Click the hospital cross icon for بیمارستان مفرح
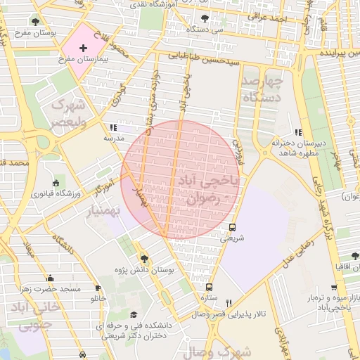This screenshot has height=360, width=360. click(84, 48)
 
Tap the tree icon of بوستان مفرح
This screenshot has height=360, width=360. click(35, 22)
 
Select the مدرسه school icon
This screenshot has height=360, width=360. click(112, 128)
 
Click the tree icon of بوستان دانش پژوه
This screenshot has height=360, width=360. click(144, 259)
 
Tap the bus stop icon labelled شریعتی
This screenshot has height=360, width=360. click(232, 227)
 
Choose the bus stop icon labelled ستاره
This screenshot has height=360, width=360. click(209, 287)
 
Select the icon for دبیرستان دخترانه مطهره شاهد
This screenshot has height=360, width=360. click(298, 131)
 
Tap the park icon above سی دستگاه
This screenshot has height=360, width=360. click(205, 19)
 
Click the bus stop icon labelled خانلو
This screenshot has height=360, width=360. click(98, 288)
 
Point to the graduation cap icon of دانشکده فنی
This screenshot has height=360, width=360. click(134, 315)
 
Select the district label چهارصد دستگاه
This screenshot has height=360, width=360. click(261, 89)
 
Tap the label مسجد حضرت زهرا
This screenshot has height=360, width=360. click(51, 289)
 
